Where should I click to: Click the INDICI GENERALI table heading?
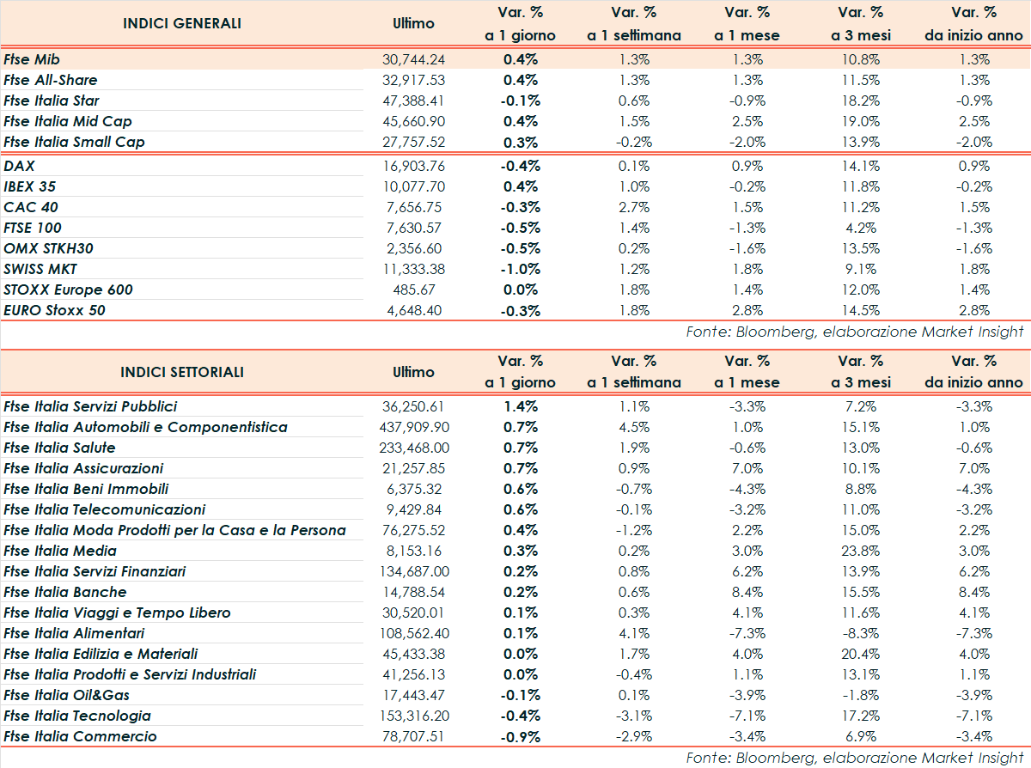182,23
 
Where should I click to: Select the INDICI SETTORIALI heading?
182,372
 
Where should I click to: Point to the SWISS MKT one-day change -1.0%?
520,269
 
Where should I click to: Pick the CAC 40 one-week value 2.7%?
634,207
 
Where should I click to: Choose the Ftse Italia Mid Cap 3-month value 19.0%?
860,121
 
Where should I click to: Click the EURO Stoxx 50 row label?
54,310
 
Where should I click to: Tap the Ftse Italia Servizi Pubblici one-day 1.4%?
520,406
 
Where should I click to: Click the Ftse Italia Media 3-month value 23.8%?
860,551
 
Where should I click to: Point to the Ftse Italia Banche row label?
64,592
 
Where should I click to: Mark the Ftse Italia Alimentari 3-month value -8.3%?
860,633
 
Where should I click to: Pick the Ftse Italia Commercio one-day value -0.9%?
520,736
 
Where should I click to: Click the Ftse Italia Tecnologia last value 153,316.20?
414,716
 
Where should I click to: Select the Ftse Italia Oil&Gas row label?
66,695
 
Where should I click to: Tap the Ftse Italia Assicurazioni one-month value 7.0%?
747,468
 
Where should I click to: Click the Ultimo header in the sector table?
414,372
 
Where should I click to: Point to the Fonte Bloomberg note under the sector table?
855,758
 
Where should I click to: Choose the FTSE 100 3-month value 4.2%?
860,228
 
